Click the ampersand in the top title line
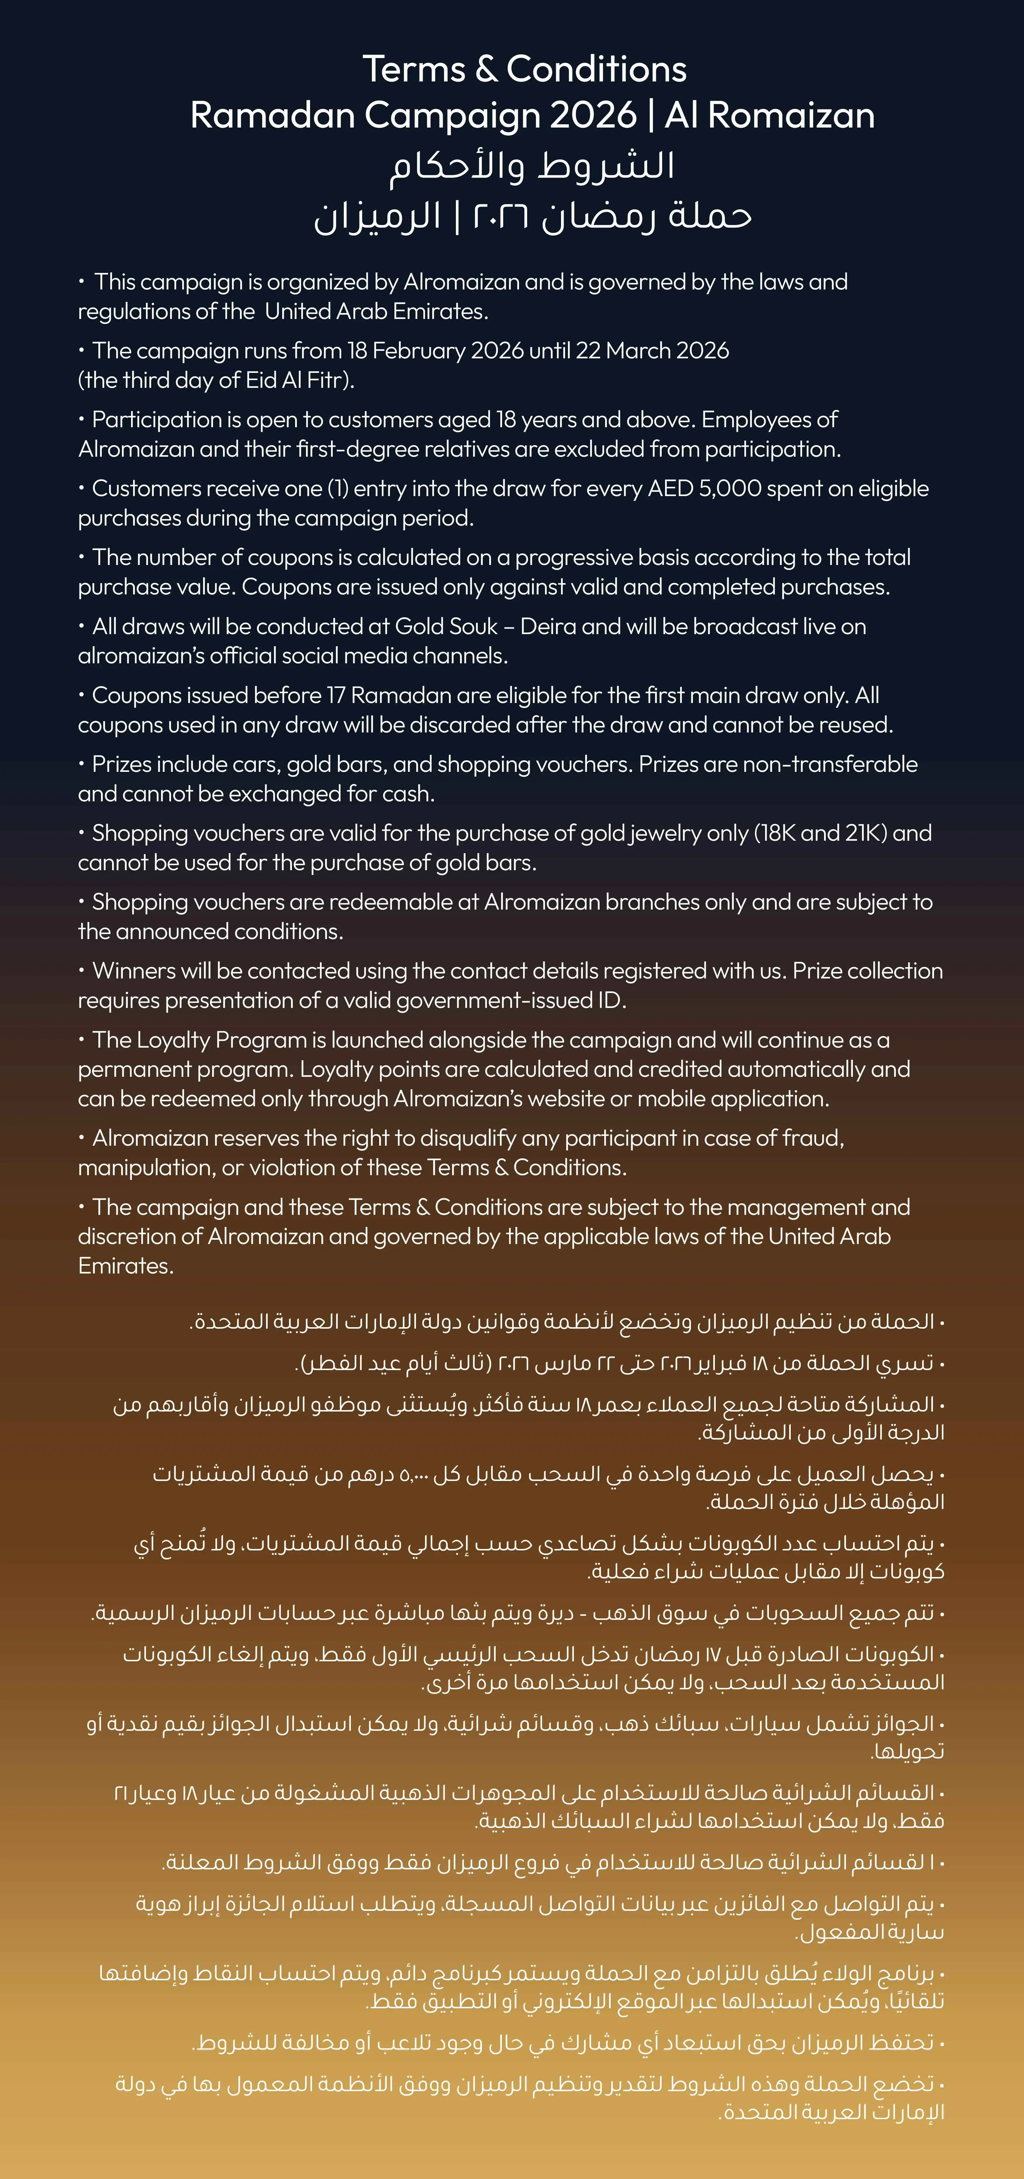pyautogui.click(x=486, y=69)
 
